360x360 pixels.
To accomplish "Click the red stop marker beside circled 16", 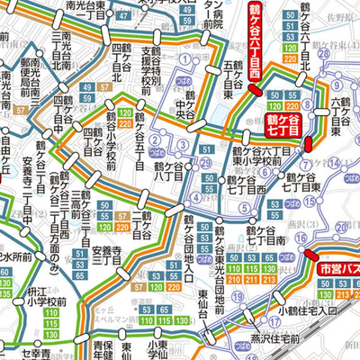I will (309, 143).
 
